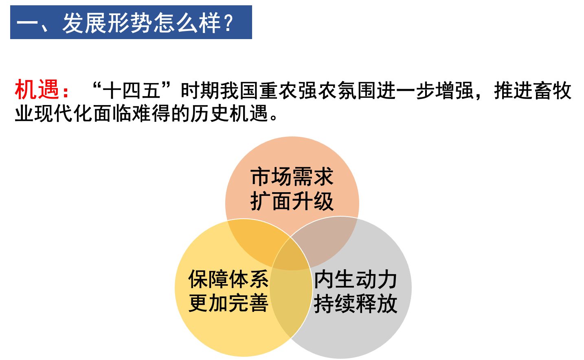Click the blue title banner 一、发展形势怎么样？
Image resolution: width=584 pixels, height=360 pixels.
(131, 22)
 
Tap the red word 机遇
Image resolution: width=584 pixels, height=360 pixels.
(37, 90)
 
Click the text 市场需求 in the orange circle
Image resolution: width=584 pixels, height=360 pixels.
(292, 177)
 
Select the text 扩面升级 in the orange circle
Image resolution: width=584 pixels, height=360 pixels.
(292, 201)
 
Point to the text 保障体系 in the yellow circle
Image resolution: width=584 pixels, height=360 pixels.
(228, 279)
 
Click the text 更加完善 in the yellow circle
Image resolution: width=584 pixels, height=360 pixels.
(228, 303)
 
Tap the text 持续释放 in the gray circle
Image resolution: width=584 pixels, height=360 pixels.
(356, 304)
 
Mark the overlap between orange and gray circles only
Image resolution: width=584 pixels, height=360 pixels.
(326, 240)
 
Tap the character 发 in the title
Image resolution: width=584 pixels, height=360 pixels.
(73, 23)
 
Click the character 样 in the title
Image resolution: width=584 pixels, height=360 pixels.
(210, 23)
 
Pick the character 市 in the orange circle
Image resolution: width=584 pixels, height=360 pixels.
(261, 177)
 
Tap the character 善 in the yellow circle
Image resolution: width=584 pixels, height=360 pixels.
(259, 303)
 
